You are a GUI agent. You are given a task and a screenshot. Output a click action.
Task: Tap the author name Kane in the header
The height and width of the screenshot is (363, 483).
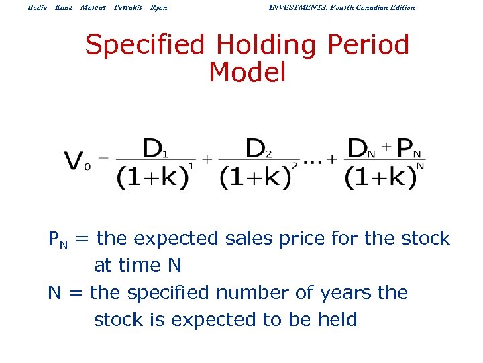tap(64, 7)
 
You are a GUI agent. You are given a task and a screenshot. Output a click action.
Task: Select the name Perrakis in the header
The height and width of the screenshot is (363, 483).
tap(127, 7)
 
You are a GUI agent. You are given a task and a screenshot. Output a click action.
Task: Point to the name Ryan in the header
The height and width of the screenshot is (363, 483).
tap(159, 7)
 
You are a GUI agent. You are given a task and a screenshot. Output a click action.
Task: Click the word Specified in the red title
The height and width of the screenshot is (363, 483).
tap(144, 46)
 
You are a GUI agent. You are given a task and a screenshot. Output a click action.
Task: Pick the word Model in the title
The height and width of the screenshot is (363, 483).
tap(247, 72)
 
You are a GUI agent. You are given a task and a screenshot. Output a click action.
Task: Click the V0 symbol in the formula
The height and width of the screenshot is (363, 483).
tap(76, 161)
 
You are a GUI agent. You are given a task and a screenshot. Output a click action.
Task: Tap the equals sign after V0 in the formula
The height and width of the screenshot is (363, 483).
tap(103, 159)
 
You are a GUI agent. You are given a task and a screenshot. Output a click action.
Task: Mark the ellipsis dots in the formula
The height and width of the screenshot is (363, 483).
tap(313, 161)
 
